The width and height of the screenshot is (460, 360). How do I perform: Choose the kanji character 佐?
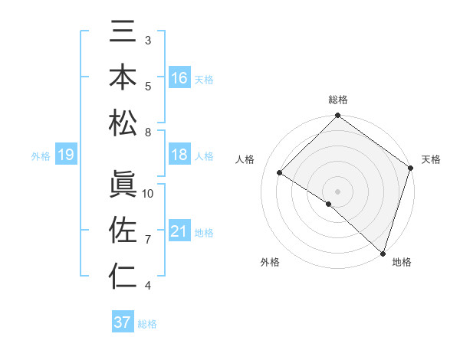(x=123, y=231)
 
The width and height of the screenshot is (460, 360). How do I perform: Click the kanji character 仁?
(x=123, y=276)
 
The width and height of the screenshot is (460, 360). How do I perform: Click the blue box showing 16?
(x=179, y=78)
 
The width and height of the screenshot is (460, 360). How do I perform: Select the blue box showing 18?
(x=179, y=155)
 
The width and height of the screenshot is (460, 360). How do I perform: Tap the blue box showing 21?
(x=179, y=231)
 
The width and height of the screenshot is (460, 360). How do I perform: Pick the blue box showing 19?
(x=65, y=155)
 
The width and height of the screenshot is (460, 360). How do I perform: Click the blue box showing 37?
(x=123, y=322)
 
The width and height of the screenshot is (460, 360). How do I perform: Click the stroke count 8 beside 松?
(x=148, y=133)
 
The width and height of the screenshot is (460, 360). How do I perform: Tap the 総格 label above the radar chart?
(x=337, y=100)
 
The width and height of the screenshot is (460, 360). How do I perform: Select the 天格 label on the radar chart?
(x=431, y=159)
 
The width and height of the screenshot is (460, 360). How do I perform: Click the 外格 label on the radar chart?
(x=270, y=263)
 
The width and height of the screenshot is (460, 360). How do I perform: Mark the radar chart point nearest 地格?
(x=383, y=253)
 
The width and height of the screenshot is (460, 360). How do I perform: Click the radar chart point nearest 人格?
(x=280, y=173)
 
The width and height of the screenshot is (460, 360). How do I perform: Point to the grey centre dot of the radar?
(x=337, y=191)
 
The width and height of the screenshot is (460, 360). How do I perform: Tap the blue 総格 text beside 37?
(x=147, y=324)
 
